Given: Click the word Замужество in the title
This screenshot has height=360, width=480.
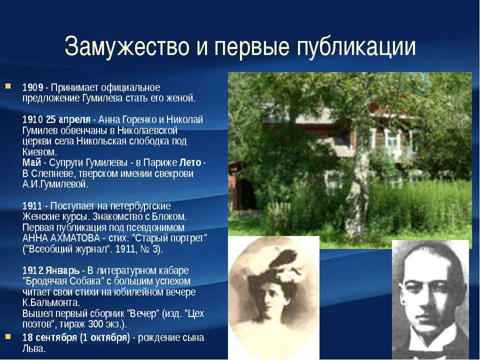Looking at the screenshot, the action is pos(126,46).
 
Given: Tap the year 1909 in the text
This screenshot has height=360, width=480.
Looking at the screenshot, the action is pos(33,87).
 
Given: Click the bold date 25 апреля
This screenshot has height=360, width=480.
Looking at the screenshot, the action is pos(68,119).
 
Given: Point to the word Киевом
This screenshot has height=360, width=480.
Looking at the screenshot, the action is pos(39,152).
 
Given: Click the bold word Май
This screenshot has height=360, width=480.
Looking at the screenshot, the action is pos(31,162).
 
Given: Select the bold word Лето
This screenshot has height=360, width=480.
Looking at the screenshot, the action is pos(190,162).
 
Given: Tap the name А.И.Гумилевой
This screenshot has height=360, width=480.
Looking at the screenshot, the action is pos(55,184).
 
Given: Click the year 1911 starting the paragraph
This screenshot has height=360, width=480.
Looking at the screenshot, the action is pos(32,205).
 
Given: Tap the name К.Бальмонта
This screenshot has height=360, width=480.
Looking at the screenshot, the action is pos(51,302).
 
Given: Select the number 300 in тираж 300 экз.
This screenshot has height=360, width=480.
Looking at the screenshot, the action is pos(95,324).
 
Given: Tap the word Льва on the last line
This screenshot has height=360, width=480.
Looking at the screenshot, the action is pos(33,348).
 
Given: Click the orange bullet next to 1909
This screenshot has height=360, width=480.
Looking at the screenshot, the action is pos(8,86).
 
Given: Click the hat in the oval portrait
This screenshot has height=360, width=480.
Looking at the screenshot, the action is pos(275,269).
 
